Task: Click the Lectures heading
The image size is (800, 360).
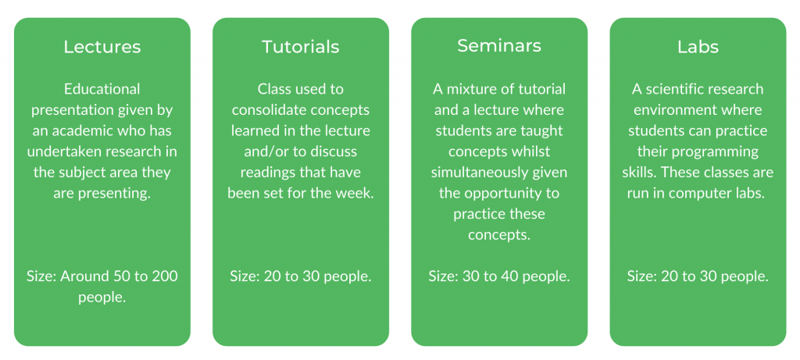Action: click(x=102, y=47)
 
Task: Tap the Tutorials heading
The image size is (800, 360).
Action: click(x=301, y=47)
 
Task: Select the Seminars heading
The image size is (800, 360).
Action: click(x=499, y=46)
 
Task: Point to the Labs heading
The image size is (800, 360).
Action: click(x=698, y=47)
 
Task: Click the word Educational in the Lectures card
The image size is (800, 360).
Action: click(x=102, y=89)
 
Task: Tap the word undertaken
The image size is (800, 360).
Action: click(x=69, y=151)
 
